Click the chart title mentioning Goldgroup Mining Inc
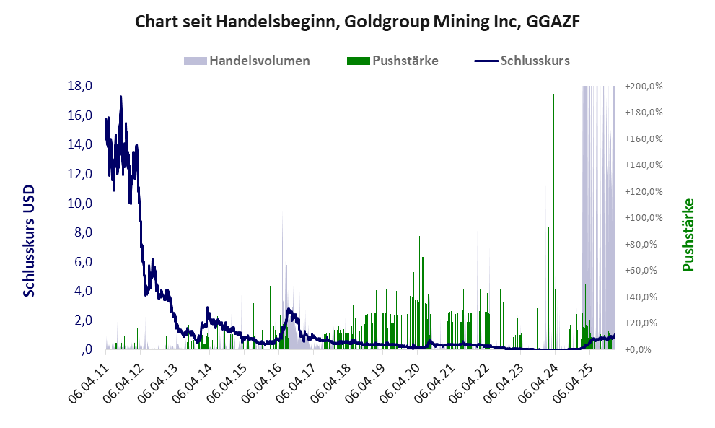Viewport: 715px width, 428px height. (358, 22)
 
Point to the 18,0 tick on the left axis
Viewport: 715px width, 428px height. (80, 86)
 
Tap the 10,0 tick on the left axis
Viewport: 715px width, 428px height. (80, 203)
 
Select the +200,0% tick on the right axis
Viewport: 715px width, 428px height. (644, 86)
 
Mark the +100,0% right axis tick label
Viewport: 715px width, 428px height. (644, 218)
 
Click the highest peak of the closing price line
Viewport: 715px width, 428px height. (120, 97)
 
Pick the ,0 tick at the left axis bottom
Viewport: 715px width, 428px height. (87, 350)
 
